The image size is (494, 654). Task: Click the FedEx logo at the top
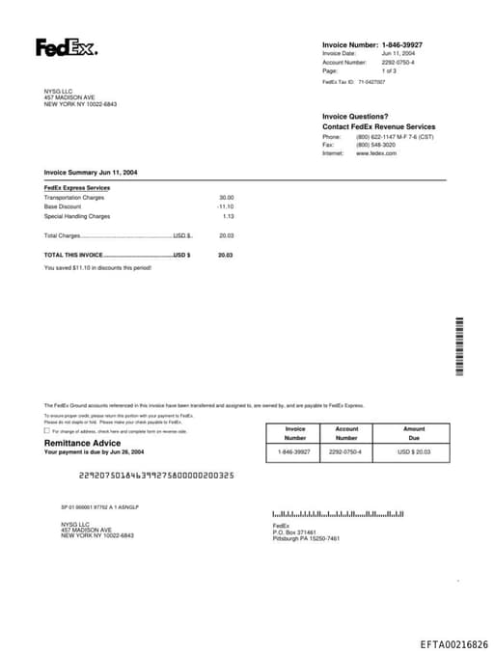click(x=66, y=47)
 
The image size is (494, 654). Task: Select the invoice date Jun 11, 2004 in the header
click(x=398, y=54)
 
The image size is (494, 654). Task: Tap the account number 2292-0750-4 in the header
click(x=398, y=63)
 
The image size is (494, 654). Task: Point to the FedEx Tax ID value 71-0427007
click(x=371, y=82)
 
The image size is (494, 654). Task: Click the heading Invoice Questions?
click(x=355, y=117)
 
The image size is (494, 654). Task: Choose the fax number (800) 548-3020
click(x=375, y=145)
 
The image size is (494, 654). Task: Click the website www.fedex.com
click(x=376, y=153)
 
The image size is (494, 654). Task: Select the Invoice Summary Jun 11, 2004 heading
click(x=91, y=172)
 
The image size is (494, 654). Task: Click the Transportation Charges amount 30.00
click(x=226, y=198)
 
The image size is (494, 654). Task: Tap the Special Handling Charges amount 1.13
click(x=228, y=216)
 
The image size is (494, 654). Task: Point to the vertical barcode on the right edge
click(x=459, y=346)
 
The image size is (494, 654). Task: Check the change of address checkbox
click(x=47, y=431)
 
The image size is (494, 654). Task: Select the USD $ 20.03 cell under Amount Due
click(x=414, y=451)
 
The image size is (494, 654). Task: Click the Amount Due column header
click(x=414, y=433)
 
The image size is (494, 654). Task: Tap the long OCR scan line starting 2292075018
click(x=155, y=476)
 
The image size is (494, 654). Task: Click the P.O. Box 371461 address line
click(x=294, y=531)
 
